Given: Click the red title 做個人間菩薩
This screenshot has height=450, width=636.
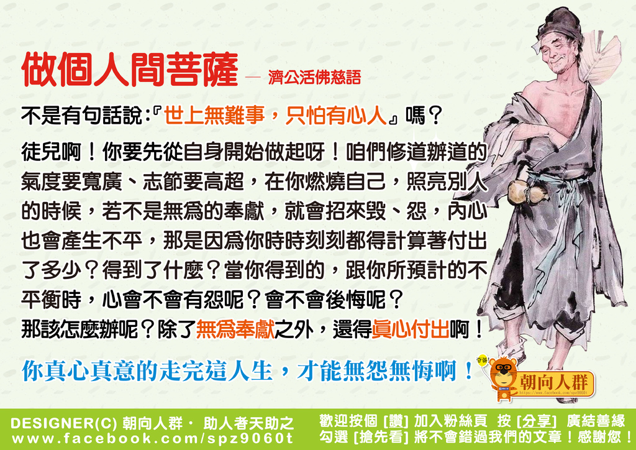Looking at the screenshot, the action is point(130,70).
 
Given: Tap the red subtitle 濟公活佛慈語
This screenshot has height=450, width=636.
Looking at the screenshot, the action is point(314,77).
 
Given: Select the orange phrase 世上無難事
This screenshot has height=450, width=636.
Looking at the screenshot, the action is point(214,116).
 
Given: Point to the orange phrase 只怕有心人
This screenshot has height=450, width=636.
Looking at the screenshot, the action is point(336,116).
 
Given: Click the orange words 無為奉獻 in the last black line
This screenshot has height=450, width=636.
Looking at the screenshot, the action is point(235,329).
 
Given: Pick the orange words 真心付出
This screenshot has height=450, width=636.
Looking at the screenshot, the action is point(411,329).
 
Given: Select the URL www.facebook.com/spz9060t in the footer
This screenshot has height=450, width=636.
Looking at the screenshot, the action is point(152,439).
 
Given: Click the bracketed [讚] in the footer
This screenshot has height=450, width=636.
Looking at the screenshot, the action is point(396,421).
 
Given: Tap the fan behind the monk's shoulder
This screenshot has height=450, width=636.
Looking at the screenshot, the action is point(601,61).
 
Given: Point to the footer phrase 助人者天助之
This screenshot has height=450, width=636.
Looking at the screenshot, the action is point(248,424).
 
